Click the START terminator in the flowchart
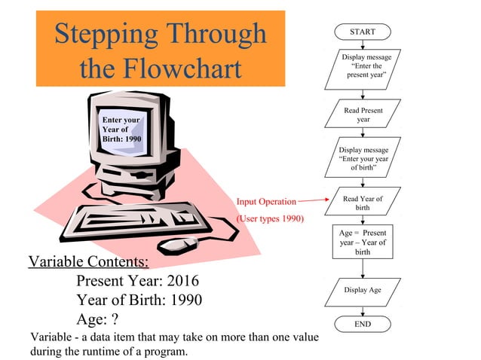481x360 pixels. coord(363,32)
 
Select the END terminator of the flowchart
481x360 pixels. coord(363,323)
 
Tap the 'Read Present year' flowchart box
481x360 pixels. coord(363,115)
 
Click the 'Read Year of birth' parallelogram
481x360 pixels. coord(363,203)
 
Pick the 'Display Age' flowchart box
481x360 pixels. coord(363,290)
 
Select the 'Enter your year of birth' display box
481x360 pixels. coord(363,159)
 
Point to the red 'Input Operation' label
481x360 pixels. coord(266,202)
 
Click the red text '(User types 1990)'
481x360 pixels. coord(270,219)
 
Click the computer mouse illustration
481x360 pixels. coord(179,244)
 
